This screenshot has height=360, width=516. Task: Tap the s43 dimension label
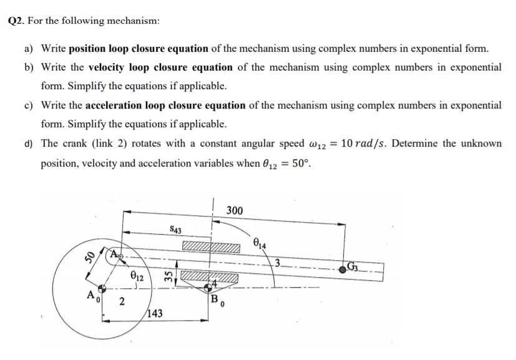tap(175, 230)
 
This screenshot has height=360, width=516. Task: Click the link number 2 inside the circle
tap(122, 303)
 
